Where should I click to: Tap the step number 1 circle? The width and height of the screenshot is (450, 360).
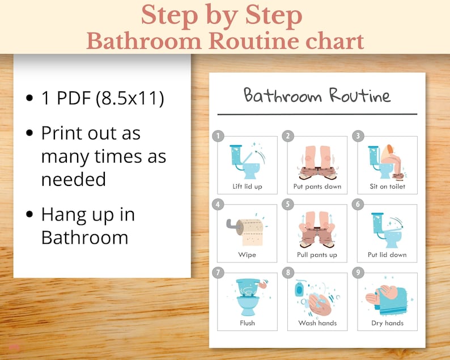pyautogui.click(x=218, y=136)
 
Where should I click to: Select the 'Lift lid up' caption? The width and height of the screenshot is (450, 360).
pyautogui.click(x=247, y=187)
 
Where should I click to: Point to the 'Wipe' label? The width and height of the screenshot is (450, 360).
pyautogui.click(x=247, y=255)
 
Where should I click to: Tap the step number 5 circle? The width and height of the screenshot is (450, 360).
pyautogui.click(x=288, y=204)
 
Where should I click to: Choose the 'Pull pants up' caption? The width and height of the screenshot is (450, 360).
pyautogui.click(x=317, y=255)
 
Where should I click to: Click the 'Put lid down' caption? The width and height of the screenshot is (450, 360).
pyautogui.click(x=387, y=255)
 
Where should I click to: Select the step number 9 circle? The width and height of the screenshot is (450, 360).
pyautogui.click(x=358, y=273)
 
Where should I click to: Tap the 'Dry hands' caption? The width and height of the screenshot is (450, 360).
pyautogui.click(x=387, y=323)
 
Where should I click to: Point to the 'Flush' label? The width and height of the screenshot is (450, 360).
pyautogui.click(x=247, y=323)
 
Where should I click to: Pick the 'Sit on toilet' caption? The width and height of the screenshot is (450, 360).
pyautogui.click(x=387, y=187)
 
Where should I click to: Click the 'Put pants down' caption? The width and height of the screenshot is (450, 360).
pyautogui.click(x=317, y=187)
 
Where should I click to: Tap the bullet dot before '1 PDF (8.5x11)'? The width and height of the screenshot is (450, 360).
pyautogui.click(x=29, y=99)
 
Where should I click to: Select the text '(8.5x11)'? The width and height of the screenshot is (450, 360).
pyautogui.click(x=129, y=98)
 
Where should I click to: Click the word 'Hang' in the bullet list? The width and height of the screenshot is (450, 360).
pyautogui.click(x=64, y=215)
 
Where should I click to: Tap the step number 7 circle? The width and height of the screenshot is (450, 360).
pyautogui.click(x=218, y=273)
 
